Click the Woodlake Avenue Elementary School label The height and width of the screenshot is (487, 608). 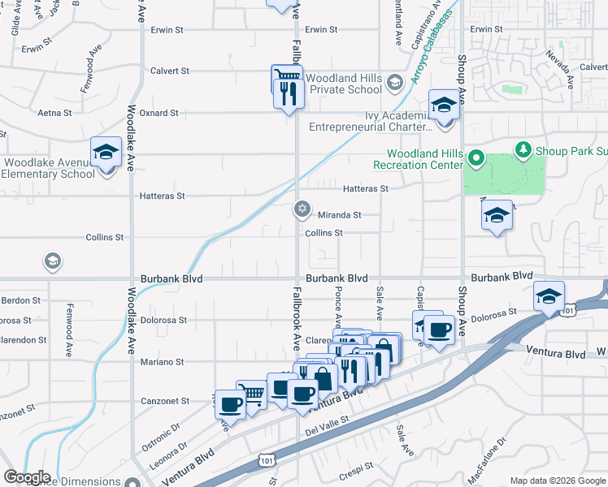tap(49, 167)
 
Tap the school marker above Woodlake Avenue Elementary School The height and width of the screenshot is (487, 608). tap(105, 153)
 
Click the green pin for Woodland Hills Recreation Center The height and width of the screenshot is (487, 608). tap(476, 158)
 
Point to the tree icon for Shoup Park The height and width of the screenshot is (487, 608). tap(524, 149)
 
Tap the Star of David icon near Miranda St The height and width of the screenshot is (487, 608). tap(302, 210)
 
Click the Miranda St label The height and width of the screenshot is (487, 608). tap(339, 215)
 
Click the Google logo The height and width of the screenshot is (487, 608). tap(27, 477)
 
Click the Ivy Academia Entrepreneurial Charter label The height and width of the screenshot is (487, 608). tap(370, 121)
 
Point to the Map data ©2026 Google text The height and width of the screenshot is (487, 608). tap(557, 481)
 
